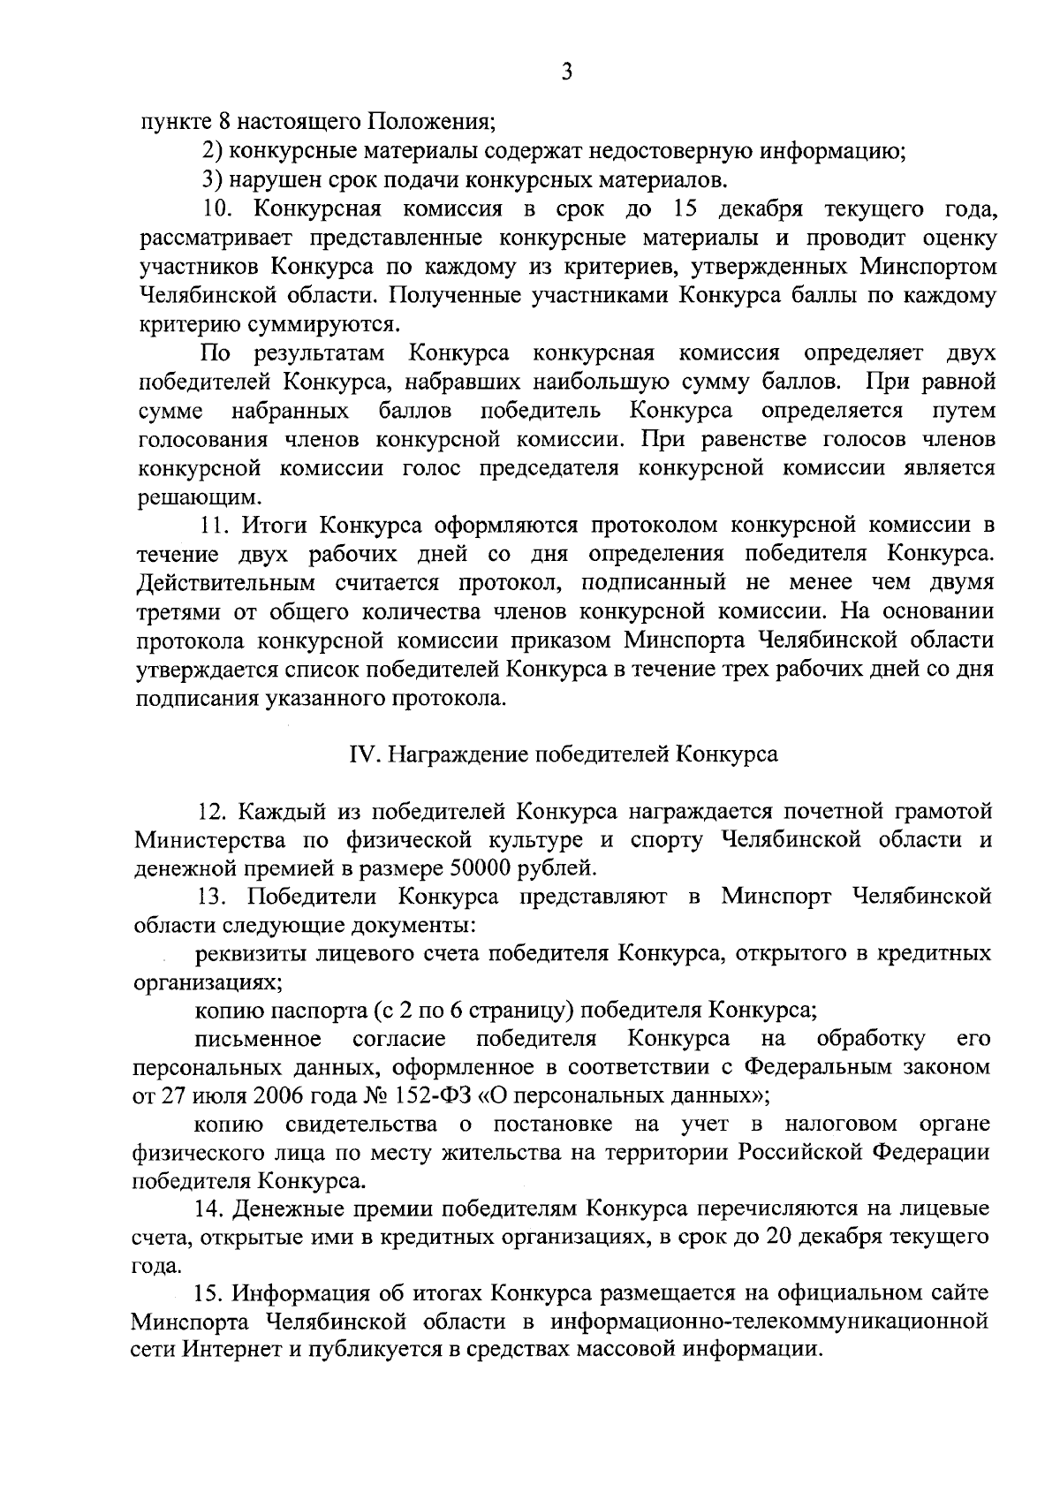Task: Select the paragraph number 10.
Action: [x=216, y=210]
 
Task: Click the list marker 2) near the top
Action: [x=211, y=152]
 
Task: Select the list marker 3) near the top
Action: [x=211, y=181]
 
